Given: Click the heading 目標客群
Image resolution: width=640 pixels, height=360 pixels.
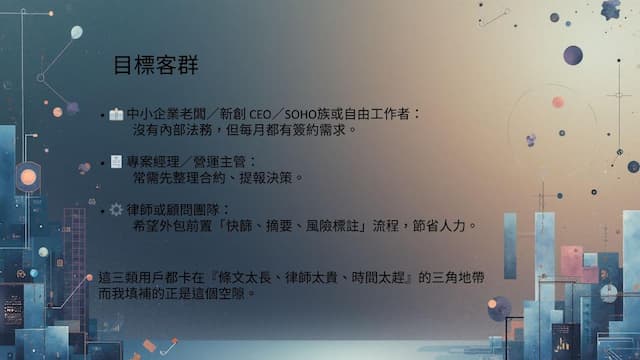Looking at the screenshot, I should tap(155, 67).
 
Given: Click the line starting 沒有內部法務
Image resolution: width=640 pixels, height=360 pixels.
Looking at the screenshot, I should tap(245, 130).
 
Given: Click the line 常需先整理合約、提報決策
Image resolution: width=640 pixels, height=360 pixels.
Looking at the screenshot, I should tap(217, 177).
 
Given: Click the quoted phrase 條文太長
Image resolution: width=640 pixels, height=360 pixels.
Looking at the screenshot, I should tap(251, 275).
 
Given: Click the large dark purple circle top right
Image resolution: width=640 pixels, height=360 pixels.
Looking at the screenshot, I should tap(573, 55).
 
